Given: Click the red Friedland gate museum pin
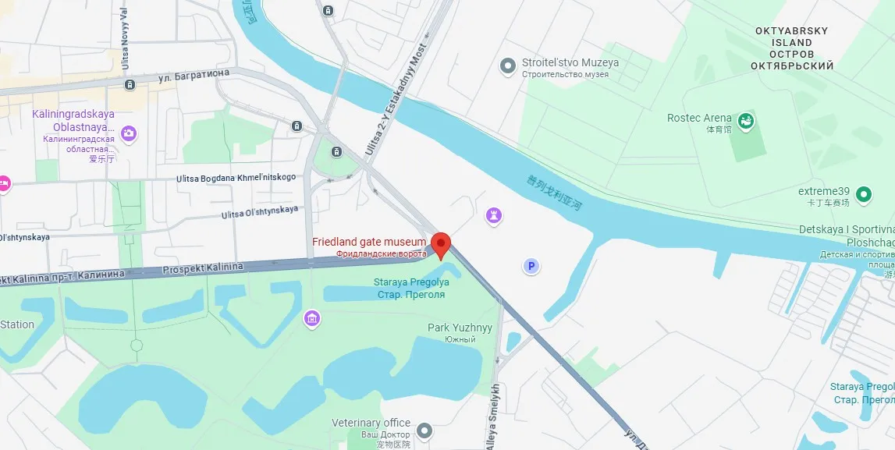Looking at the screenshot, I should pyautogui.click(x=441, y=244).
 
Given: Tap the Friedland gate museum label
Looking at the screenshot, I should pyautogui.click(x=369, y=243).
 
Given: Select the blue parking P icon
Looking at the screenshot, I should pyautogui.click(x=531, y=267).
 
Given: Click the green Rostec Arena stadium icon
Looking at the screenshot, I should pyautogui.click(x=747, y=121).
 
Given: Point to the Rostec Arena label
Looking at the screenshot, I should pyautogui.click(x=699, y=119).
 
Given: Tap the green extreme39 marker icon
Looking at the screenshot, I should pyautogui.click(x=864, y=193).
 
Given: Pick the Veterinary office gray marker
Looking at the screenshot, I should pyautogui.click(x=424, y=430).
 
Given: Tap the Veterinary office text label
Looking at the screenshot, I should pyautogui.click(x=371, y=423).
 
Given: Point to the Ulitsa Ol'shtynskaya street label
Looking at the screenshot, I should pyautogui.click(x=260, y=212).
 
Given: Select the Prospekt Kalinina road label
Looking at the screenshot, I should pyautogui.click(x=203, y=268).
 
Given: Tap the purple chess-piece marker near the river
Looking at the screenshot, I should pyautogui.click(x=494, y=215).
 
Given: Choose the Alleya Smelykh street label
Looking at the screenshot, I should pyautogui.click(x=493, y=417).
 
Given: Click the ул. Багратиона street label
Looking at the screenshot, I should pyautogui.click(x=194, y=76).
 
